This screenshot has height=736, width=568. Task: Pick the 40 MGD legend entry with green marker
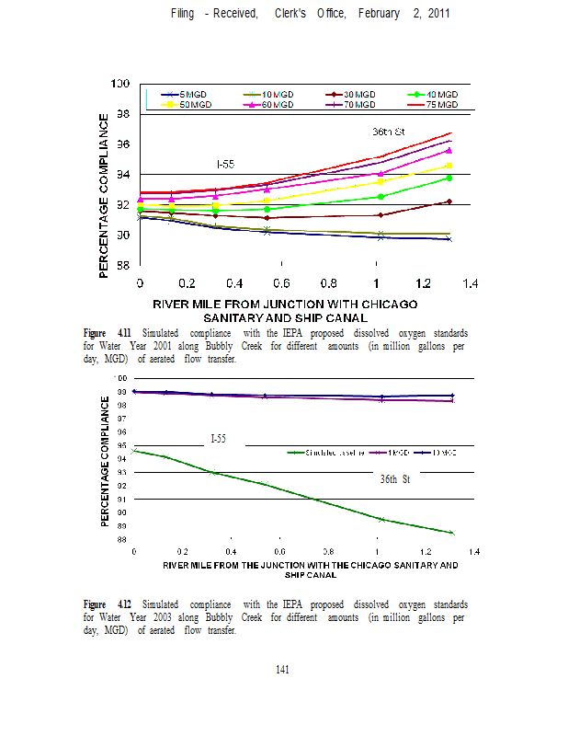(437, 95)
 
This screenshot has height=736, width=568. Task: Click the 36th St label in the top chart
(389, 132)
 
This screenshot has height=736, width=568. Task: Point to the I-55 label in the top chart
(225, 164)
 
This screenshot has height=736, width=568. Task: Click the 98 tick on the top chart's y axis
(119, 114)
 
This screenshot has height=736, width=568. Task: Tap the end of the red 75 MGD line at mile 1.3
(449, 132)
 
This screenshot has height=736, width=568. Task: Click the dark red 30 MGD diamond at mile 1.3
(449, 201)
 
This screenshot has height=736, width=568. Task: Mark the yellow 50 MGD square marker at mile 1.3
(449, 166)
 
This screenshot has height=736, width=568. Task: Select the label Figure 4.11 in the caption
(108, 332)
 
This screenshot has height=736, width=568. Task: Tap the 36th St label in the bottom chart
(394, 479)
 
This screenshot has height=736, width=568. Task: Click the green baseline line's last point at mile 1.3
(452, 533)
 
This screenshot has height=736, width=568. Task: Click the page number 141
(283, 670)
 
